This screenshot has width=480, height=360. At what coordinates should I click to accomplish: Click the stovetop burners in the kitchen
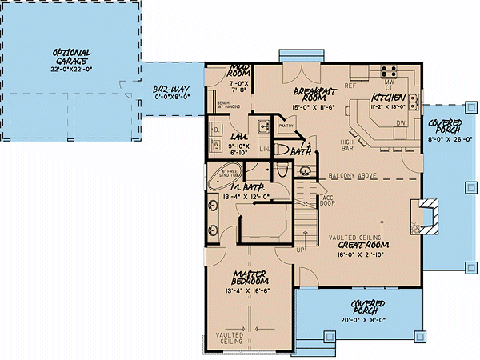point(389,70)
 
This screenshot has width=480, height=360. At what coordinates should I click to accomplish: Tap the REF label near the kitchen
point(350,83)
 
